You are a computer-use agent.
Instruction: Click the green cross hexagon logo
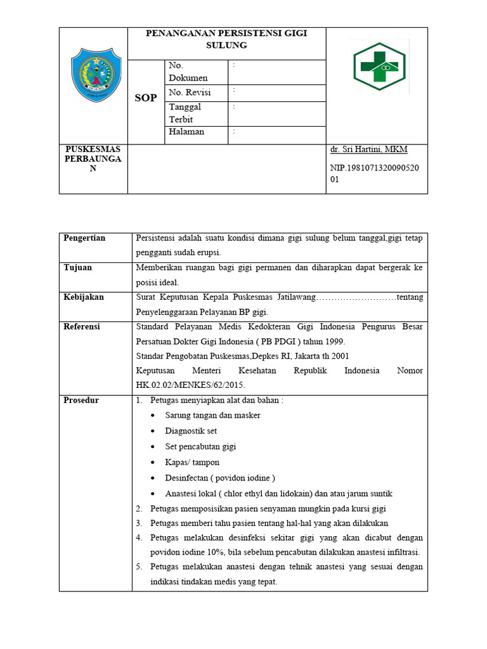point(380,66)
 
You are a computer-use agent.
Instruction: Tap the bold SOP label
point(146,98)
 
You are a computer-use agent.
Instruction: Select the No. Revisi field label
point(190,93)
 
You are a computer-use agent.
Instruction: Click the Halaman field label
point(186,131)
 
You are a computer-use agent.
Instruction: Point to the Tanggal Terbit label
point(185,113)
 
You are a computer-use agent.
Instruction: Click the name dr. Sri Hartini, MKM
point(368,150)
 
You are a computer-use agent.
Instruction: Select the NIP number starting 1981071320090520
point(377,173)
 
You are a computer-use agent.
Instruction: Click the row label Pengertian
point(84,238)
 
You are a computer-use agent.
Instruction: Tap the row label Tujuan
point(78,267)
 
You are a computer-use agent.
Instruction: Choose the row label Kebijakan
point(84,297)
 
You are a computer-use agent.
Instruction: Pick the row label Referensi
point(82,326)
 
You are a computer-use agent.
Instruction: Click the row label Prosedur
point(81,401)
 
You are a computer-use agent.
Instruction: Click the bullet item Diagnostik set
point(191,431)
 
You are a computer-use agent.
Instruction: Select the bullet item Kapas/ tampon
point(192,463)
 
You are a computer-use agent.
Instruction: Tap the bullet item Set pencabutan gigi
point(200,447)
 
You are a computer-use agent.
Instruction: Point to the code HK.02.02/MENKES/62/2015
point(190,385)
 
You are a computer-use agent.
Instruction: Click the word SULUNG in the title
point(226,46)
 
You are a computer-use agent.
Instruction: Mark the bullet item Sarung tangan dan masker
point(212,415)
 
